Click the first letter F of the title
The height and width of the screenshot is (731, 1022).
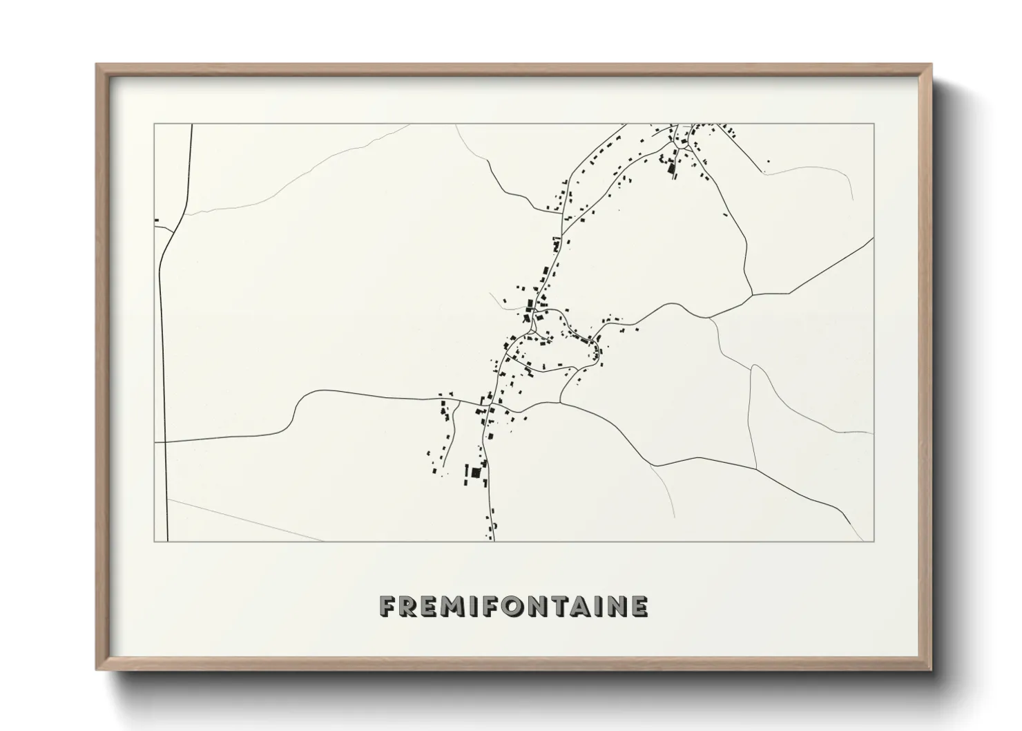tap(388, 607)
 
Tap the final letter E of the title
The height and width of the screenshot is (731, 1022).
tap(639, 607)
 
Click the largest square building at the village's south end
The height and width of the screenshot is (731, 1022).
tap(475, 473)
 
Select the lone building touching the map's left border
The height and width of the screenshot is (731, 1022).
tap(157, 220)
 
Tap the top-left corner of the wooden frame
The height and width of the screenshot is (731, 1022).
tap(97, 66)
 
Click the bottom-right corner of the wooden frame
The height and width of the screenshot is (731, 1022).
tap(930, 669)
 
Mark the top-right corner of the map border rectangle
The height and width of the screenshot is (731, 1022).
tap(874, 124)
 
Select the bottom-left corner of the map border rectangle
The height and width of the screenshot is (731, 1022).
tap(154, 541)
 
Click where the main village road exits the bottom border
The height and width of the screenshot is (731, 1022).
tap(493, 541)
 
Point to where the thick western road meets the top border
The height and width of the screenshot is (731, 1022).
tap(191, 124)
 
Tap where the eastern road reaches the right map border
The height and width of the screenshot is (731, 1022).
tap(874, 238)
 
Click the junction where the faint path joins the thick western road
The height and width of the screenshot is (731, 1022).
tap(182, 214)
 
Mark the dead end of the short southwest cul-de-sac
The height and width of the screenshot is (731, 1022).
tap(440, 467)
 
